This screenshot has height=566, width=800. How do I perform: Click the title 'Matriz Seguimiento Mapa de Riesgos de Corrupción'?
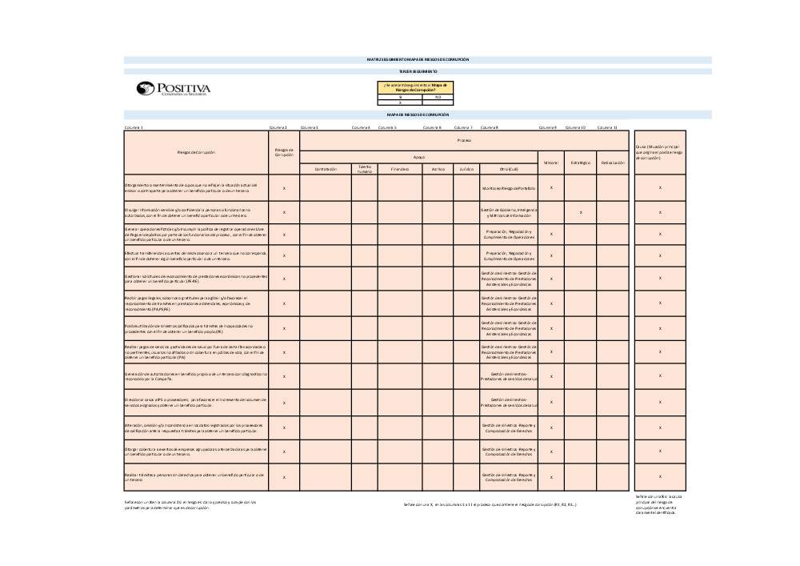pyautogui.click(x=418, y=59)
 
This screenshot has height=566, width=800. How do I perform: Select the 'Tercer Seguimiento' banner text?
pyautogui.click(x=418, y=71)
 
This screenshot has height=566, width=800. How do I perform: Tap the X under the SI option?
pyautogui.click(x=400, y=102)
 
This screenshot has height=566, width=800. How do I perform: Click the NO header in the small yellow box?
pyautogui.click(x=438, y=97)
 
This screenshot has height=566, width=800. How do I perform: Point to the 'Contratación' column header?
pyautogui.click(x=326, y=169)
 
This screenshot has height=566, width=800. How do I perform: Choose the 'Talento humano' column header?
pyautogui.click(x=365, y=169)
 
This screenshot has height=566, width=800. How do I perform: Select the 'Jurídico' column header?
pyautogui.click(x=466, y=169)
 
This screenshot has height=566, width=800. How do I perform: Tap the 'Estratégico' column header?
pyautogui.click(x=581, y=163)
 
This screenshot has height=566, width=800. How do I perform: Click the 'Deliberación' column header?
pyautogui.click(x=613, y=163)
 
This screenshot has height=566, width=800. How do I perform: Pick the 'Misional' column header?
pyautogui.click(x=551, y=163)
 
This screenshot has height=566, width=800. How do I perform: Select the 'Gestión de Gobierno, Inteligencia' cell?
pyautogui.click(x=508, y=209)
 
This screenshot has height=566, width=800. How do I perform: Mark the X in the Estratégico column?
pyautogui.click(x=581, y=212)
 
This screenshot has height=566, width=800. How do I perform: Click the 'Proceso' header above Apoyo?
pyautogui.click(x=464, y=140)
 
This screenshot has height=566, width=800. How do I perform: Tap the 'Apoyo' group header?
pyautogui.click(x=418, y=157)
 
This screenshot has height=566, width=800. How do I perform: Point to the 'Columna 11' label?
pyautogui.click(x=607, y=127)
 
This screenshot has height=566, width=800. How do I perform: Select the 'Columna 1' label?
pyautogui.click(x=134, y=127)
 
